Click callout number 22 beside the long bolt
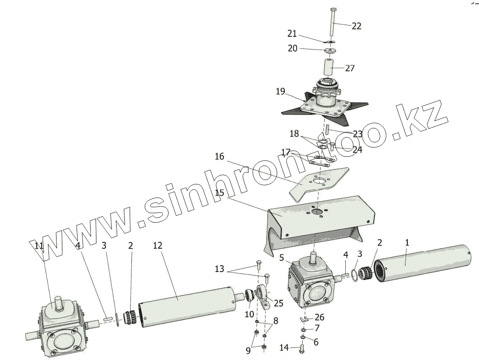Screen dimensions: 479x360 357,26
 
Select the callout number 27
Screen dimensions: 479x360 350,68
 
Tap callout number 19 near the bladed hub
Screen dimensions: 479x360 280,92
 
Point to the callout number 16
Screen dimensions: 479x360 219,157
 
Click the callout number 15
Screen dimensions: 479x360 219,193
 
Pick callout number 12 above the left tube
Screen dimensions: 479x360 157,245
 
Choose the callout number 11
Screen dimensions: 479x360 39,245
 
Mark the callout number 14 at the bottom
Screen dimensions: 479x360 284,347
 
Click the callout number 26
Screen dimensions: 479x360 319,317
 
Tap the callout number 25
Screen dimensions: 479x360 279,303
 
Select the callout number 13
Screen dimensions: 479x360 219,269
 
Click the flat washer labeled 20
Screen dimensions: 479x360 330,50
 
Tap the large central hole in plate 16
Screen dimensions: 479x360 320,181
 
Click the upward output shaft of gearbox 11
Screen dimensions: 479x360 58,303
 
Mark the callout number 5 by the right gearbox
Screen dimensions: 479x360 282,258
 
